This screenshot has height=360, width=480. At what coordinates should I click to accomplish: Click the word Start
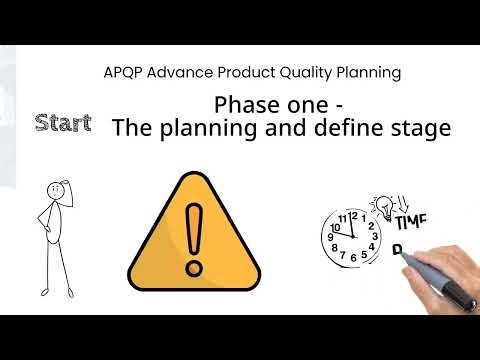click(63, 124)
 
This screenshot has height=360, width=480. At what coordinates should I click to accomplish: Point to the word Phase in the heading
click(247, 105)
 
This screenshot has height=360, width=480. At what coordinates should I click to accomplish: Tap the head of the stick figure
click(57, 191)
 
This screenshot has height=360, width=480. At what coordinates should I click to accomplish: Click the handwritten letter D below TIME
click(397, 250)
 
